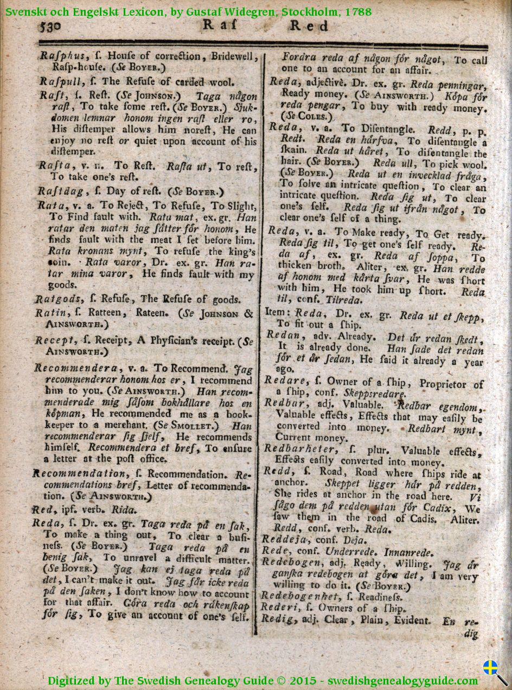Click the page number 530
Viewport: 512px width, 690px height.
(52, 27)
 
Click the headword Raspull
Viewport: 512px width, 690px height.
(60, 82)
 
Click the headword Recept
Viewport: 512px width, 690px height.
(55, 341)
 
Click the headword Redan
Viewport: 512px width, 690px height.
(280, 335)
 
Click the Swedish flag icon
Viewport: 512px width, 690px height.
(490, 667)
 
